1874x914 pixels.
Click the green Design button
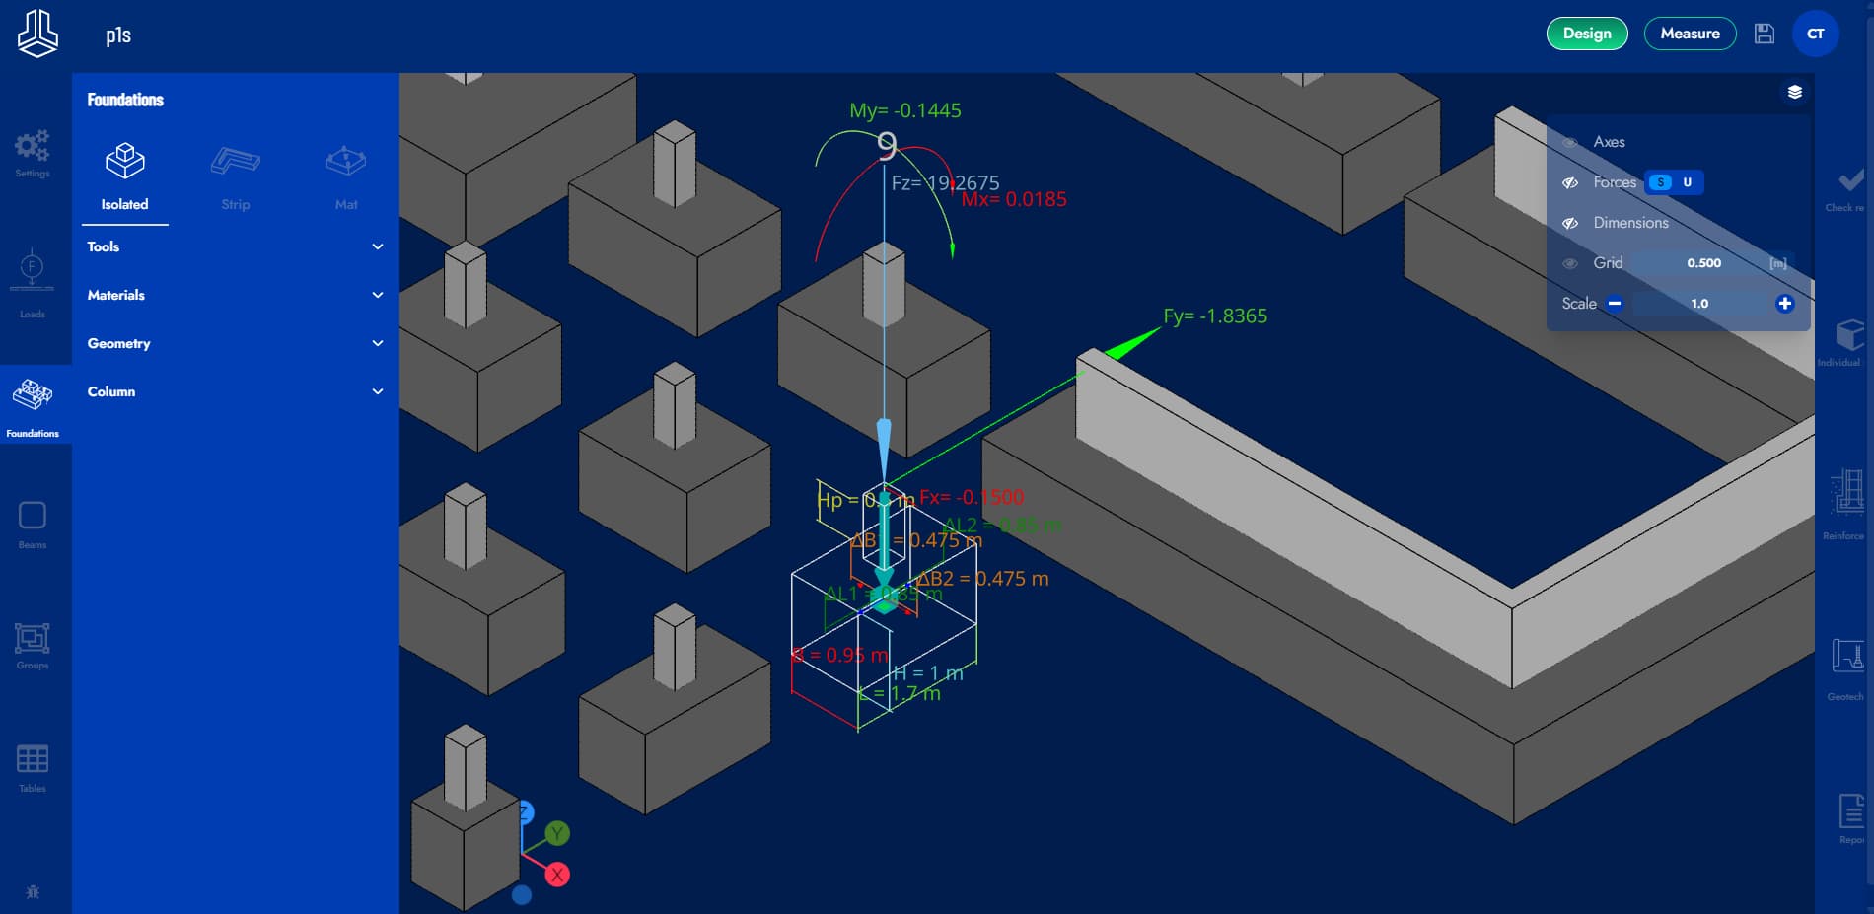pos(1586,34)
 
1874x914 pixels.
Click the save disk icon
pos(1765,34)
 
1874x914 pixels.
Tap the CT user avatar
pos(1815,34)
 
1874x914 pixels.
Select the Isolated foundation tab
pos(124,176)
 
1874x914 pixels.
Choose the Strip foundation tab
pos(235,176)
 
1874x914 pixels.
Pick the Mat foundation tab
pos(346,176)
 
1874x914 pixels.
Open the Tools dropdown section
pos(234,246)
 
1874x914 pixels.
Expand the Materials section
pos(234,295)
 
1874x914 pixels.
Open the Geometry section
pos(234,343)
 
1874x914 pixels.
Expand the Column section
pos(234,391)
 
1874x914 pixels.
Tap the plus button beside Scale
pos(1784,304)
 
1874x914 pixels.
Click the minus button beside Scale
pos(1615,304)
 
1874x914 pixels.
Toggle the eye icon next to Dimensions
pos(1570,223)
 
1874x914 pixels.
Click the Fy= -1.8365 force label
pos(1215,316)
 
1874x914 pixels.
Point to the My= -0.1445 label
pos(905,111)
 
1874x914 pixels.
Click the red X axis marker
pos(557,875)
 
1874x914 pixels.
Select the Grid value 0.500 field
pos(1703,263)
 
